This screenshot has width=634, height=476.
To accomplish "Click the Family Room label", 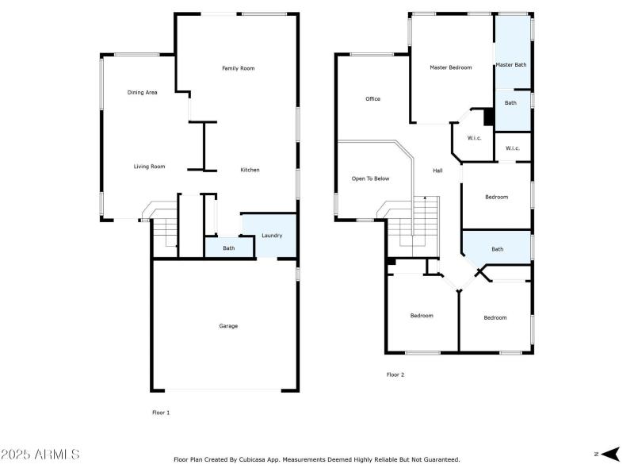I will pyautogui.click(x=238, y=68).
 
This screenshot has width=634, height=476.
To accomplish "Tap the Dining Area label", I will pyautogui.click(x=143, y=93).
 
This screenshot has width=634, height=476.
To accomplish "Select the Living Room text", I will pyautogui.click(x=149, y=167).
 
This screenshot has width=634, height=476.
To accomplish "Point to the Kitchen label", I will pyautogui.click(x=250, y=170).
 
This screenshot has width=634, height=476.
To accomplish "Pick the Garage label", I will pyautogui.click(x=228, y=326).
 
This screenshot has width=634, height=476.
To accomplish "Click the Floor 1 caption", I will pyautogui.click(x=161, y=413).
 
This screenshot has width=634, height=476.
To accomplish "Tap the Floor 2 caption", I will pyautogui.click(x=395, y=374).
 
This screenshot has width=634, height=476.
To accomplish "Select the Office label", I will pyautogui.click(x=372, y=99).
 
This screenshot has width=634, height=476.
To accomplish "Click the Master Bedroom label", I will pyautogui.click(x=451, y=67).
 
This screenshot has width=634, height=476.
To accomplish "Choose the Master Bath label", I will pyautogui.click(x=511, y=64).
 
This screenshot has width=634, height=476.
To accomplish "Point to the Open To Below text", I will pyautogui.click(x=371, y=178).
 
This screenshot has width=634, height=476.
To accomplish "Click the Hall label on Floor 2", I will pyautogui.click(x=437, y=171).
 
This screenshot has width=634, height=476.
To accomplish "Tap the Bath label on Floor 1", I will pyautogui.click(x=228, y=248).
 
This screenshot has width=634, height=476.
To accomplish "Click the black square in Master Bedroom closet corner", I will pyautogui.click(x=489, y=116).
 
